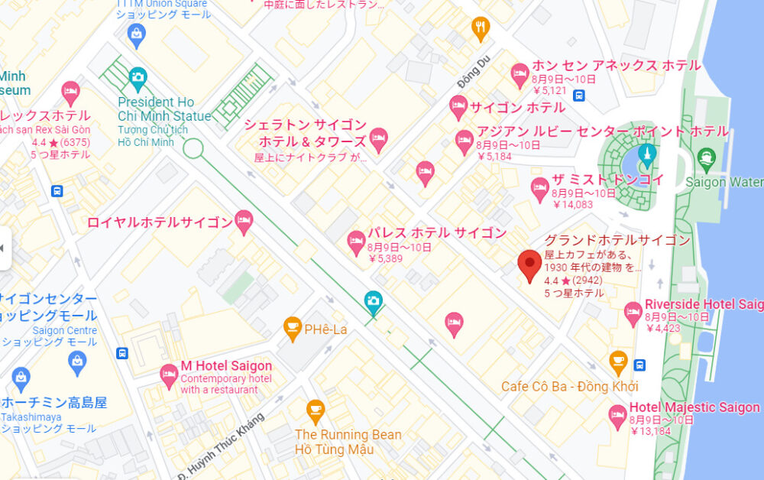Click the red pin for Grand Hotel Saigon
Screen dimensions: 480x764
pyautogui.click(x=529, y=264)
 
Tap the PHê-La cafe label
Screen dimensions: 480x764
pyautogui.click(x=325, y=329)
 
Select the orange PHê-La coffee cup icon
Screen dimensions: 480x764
pyautogui.click(x=292, y=328)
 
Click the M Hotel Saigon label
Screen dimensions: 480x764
pyautogui.click(x=226, y=366)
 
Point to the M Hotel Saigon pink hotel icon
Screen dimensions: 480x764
pyautogui.click(x=169, y=375)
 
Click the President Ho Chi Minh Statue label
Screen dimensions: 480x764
pyautogui.click(x=163, y=109)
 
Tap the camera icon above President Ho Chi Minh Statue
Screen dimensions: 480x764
pyautogui.click(x=138, y=76)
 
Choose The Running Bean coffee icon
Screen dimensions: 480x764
pyautogui.click(x=315, y=410)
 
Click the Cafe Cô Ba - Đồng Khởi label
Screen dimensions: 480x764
pyautogui.click(x=569, y=386)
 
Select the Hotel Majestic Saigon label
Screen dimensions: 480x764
pyautogui.click(x=694, y=407)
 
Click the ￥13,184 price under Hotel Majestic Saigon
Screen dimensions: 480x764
pyautogui.click(x=652, y=431)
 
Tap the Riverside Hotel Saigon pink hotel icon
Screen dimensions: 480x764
pyautogui.click(x=633, y=311)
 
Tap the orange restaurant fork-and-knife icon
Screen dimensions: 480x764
pyautogui.click(x=481, y=28)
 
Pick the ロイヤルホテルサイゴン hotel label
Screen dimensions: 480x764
pyautogui.click(x=160, y=223)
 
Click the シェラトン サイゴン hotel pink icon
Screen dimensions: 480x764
pyautogui.click(x=378, y=138)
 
